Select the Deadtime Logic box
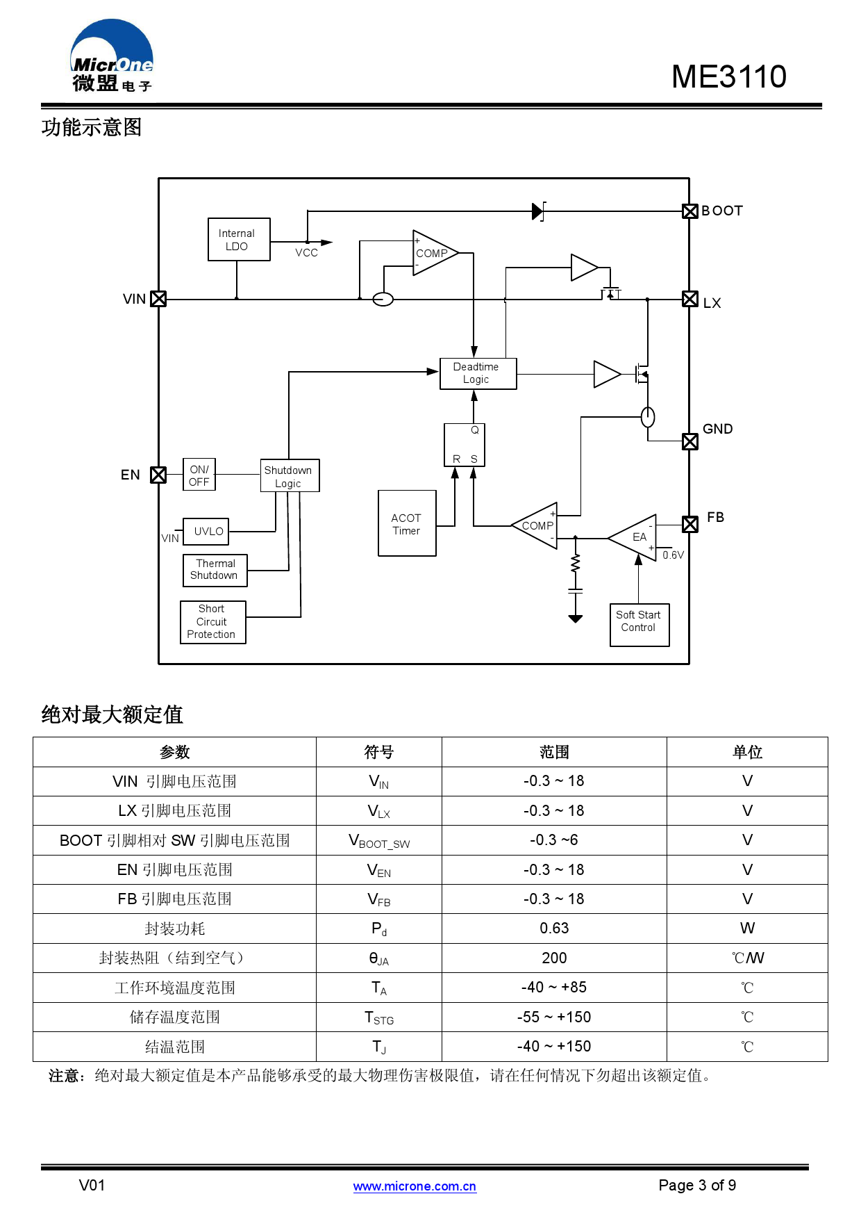478,373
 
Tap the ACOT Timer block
407,523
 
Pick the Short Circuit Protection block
212,622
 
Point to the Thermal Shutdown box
215,570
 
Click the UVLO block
206,532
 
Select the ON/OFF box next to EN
199,475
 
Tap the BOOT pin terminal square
689,211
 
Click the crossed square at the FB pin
689,524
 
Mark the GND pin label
717,429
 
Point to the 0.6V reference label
672,555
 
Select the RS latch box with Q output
465,445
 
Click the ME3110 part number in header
728,76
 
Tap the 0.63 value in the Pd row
553,928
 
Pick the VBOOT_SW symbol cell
378,841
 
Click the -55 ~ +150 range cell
553,1017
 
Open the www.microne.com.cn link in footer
415,1186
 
